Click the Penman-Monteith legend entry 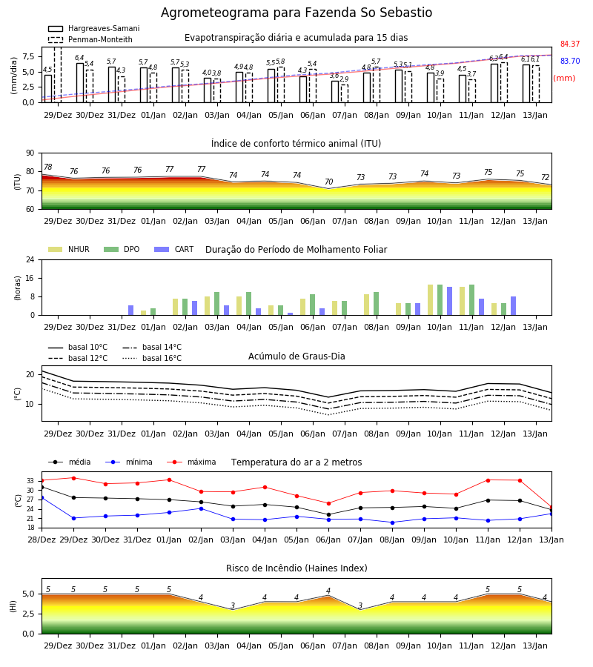[90, 39]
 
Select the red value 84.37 [570, 44]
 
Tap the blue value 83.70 [570, 61]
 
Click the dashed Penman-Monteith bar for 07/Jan [345, 93]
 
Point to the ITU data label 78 [48, 167]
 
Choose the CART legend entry [174, 249]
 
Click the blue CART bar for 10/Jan [450, 301]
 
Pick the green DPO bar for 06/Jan [313, 305]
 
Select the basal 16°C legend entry [152, 358]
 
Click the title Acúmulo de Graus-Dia [296, 356]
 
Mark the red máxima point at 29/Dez [73, 478]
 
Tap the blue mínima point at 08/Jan [392, 522]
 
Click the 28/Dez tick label [42, 540]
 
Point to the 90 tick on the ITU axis [30, 153]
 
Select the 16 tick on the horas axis [30, 278]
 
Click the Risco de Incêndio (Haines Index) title [296, 568]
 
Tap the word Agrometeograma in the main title [215, 13]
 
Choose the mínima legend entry [128, 462]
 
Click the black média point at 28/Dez [42, 487]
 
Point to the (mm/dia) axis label [13, 76]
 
